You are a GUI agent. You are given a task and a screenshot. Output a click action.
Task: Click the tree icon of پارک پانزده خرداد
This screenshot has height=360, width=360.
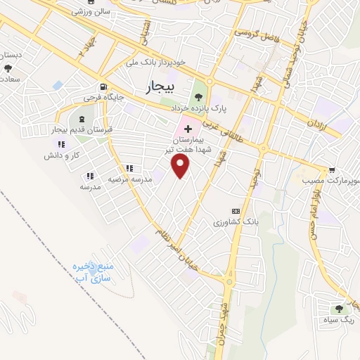(199, 97)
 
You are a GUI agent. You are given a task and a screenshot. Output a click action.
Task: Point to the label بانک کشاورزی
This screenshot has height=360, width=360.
(237, 222)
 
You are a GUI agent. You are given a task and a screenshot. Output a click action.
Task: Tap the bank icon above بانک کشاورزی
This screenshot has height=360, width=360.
(236, 211)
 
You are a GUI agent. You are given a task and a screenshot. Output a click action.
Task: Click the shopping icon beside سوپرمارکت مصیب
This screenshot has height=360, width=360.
(331, 170)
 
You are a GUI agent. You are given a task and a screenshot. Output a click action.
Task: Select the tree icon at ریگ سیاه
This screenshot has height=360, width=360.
(340, 308)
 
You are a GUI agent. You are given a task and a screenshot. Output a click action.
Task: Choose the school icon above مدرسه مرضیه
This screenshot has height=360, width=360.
(129, 168)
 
